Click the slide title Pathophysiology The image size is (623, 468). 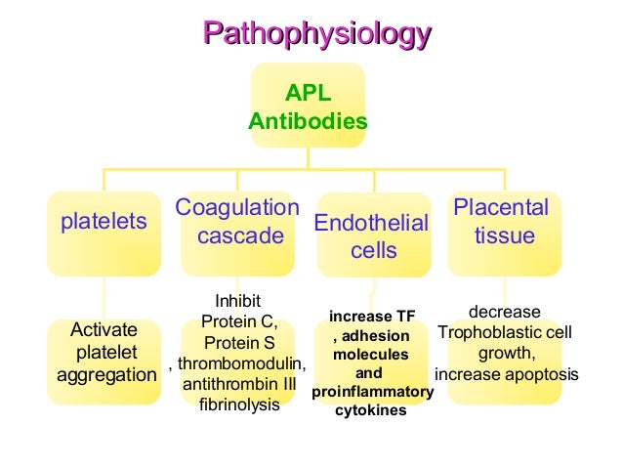pos(316,35)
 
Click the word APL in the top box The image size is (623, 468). pos(308,94)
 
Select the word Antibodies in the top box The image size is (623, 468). pos(308,121)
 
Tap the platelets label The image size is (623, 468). pos(104,222)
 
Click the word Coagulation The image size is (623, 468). pos(237,208)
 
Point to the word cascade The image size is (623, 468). pos(240,236)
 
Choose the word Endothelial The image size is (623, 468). pos(371,224)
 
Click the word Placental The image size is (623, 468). pos(502,208)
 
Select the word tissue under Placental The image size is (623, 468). pos(504,236)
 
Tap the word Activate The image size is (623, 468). pos(104,329)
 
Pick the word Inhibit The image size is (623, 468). pos(237,300)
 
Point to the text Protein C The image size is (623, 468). pos(239,321)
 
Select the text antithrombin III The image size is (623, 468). pos(239,384)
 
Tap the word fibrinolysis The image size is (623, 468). pos(239,404)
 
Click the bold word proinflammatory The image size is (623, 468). pos(372,392)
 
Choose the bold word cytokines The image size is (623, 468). pos(371,410)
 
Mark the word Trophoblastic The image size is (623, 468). pos(485,332)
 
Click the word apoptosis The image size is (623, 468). pos(540,374)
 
